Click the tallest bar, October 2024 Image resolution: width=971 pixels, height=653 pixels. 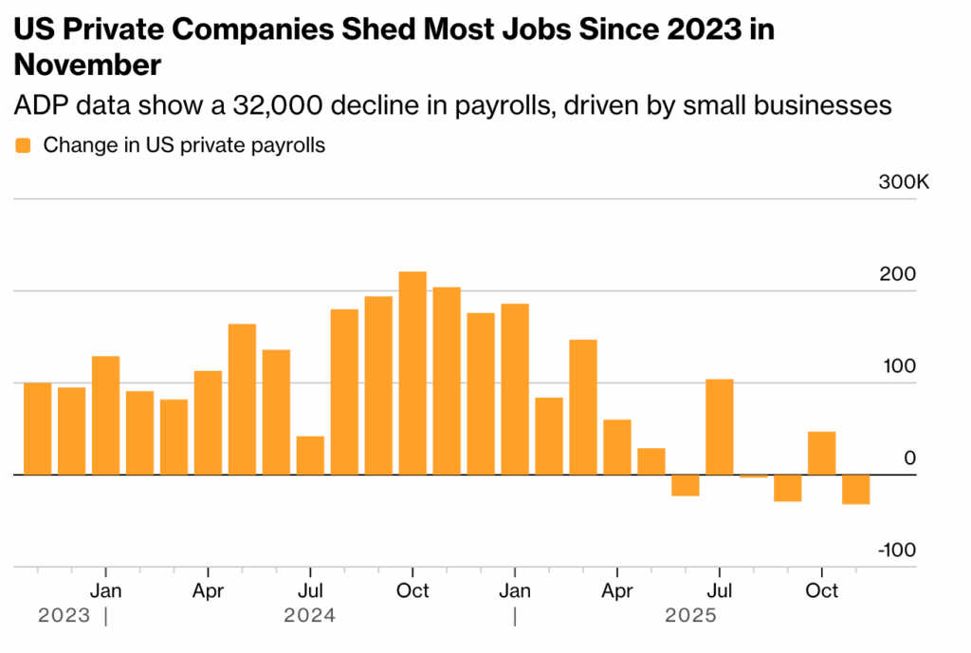click(x=412, y=373)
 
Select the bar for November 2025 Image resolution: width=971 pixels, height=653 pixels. click(x=856, y=489)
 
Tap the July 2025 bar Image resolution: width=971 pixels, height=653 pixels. click(x=720, y=426)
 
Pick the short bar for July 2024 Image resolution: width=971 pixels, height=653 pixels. click(x=310, y=455)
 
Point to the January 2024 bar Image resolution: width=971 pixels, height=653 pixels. click(x=105, y=415)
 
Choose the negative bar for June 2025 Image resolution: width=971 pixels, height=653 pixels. click(x=686, y=485)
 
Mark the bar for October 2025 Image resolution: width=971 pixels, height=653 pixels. click(x=822, y=453)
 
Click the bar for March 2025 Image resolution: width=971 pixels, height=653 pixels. click(x=583, y=406)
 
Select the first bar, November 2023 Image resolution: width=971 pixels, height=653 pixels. click(x=37, y=428)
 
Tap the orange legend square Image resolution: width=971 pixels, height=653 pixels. click(x=24, y=146)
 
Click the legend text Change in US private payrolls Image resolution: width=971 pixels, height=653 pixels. click(x=185, y=146)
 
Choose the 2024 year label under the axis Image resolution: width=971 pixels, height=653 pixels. click(x=310, y=617)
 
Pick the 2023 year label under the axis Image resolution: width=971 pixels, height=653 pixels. click(x=64, y=617)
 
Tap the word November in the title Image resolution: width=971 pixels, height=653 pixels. click(x=86, y=65)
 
